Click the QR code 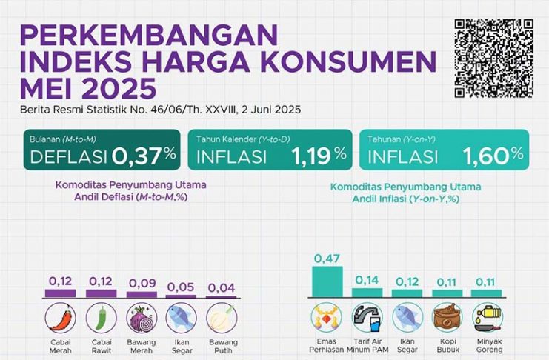[x=493, y=58]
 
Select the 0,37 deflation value [x=138, y=156]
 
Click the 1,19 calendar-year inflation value [x=311, y=156]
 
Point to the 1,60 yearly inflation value [x=485, y=156]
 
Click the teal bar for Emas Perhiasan [x=327, y=281]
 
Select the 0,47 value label [x=327, y=259]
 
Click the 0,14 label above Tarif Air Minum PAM [x=367, y=280]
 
